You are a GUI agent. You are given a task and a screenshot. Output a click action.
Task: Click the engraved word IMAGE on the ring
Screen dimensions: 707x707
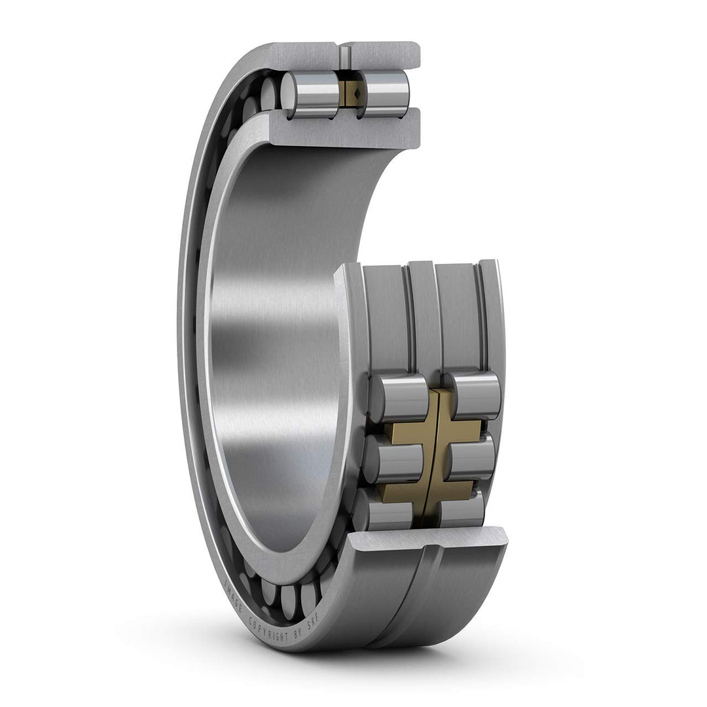[232, 596]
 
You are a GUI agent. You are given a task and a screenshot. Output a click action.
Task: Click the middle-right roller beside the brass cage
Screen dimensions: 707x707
[471, 459]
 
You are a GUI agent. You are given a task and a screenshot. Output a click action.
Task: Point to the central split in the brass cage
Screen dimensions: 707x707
[433, 452]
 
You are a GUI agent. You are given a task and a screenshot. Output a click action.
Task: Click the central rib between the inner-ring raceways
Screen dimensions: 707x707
[422, 314]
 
